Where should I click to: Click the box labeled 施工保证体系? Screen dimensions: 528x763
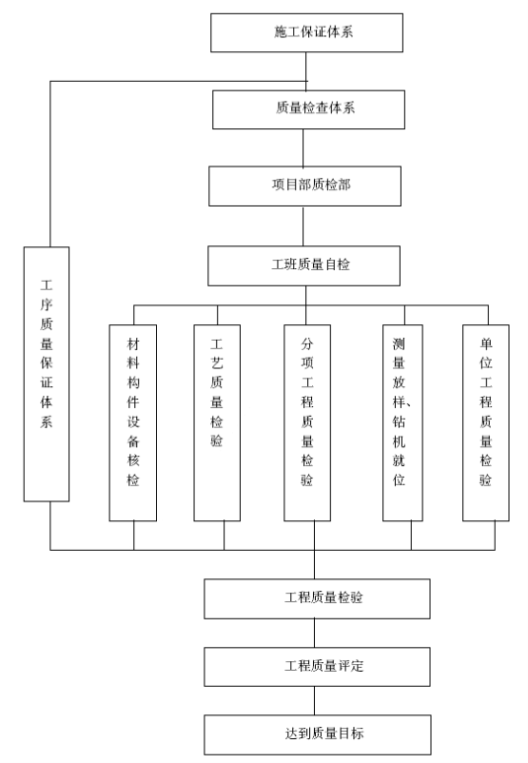click(x=306, y=32)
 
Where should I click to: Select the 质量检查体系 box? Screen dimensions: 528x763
click(x=308, y=109)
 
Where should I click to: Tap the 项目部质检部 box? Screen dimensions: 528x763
click(x=305, y=186)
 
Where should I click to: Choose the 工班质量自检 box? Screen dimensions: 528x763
click(x=304, y=265)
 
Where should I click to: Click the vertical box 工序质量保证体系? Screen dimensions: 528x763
click(x=47, y=374)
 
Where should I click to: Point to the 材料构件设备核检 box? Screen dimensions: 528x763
click(x=133, y=422)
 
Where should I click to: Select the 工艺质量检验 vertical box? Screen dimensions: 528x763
click(x=217, y=422)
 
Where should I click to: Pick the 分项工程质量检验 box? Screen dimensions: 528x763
click(x=307, y=422)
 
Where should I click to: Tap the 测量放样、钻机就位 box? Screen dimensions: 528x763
click(x=402, y=422)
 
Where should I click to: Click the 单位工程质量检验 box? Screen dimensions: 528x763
click(x=485, y=422)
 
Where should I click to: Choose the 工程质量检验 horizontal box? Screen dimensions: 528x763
click(x=318, y=599)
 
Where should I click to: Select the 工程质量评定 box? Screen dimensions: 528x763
click(x=318, y=667)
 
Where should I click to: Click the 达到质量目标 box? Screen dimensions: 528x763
click(x=318, y=734)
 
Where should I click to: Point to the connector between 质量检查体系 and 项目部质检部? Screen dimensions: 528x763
click(x=303, y=147)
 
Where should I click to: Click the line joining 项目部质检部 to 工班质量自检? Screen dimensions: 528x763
click(x=303, y=226)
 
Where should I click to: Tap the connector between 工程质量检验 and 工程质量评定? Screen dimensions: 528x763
click(x=314, y=633)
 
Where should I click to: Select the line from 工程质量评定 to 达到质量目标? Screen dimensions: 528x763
click(x=314, y=701)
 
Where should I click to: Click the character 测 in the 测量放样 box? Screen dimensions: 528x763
click(x=399, y=344)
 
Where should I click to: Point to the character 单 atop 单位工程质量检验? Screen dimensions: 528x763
click(x=485, y=344)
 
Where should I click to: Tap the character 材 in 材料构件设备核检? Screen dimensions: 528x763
click(x=133, y=344)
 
